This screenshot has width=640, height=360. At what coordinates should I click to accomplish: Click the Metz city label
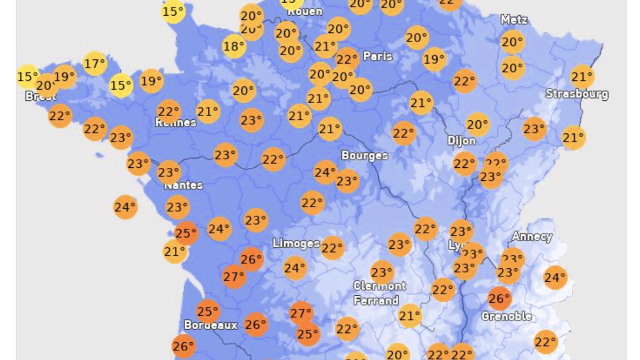tap(514, 20)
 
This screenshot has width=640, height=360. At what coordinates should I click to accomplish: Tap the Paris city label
tap(378, 56)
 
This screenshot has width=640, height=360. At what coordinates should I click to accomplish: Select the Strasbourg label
tap(576, 94)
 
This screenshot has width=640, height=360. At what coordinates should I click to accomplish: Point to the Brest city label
tap(41, 97)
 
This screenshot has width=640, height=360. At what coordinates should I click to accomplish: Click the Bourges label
tap(365, 155)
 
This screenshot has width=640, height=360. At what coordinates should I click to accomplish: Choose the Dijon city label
tap(462, 141)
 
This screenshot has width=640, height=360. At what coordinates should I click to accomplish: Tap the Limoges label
tap(296, 243)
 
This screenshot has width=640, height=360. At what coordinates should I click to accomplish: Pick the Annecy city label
tap(532, 236)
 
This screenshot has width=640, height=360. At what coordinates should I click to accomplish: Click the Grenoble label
tap(507, 316)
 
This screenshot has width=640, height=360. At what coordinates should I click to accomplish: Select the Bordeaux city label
tap(210, 325)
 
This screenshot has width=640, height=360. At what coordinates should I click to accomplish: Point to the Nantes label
tap(183, 185)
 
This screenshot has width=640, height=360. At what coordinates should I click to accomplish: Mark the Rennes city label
tap(176, 123)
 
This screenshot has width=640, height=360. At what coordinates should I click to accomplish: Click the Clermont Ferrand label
tap(379, 293)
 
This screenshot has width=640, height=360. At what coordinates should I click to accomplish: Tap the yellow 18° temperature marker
tap(234, 46)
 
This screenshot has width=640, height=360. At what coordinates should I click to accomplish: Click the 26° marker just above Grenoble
tap(499, 298)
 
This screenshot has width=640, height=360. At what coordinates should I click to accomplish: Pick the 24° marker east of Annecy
tap(555, 277)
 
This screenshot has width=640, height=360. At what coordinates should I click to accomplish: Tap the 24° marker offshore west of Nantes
tap(125, 207)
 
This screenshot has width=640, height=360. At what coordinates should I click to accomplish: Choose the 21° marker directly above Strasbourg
tap(582, 76)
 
